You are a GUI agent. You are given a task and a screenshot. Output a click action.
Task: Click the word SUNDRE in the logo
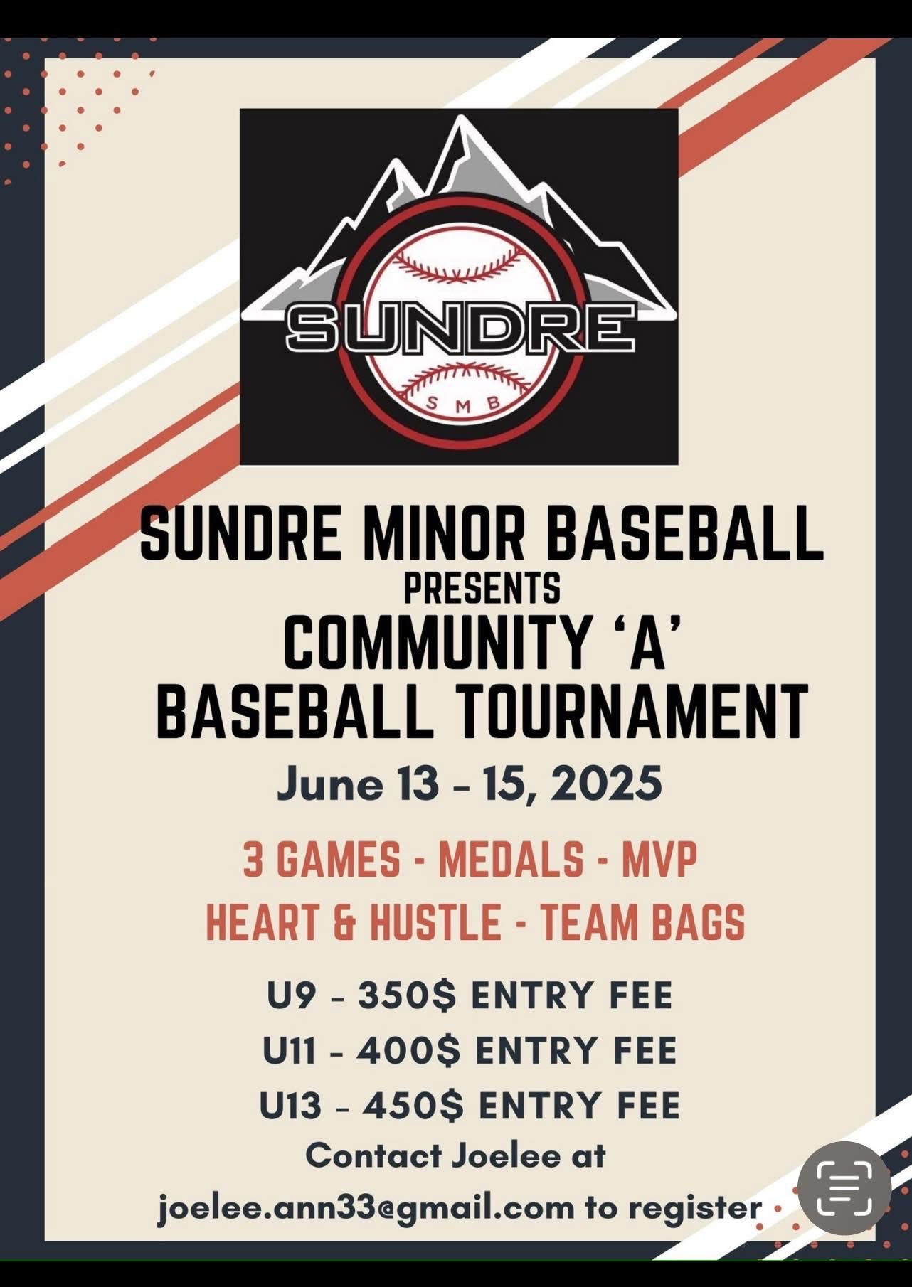click(x=460, y=328)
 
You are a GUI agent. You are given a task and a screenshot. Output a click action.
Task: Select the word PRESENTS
click(x=482, y=588)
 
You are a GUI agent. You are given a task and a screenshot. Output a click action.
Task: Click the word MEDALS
click(x=511, y=860)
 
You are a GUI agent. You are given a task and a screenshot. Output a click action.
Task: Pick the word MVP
click(x=659, y=860)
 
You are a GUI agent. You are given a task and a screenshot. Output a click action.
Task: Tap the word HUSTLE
click(x=435, y=922)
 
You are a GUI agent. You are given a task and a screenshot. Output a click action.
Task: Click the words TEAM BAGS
click(x=642, y=922)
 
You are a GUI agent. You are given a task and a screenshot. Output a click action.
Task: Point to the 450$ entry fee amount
click(x=413, y=1106)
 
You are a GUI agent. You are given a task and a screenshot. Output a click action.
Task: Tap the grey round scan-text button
click(x=844, y=1188)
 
